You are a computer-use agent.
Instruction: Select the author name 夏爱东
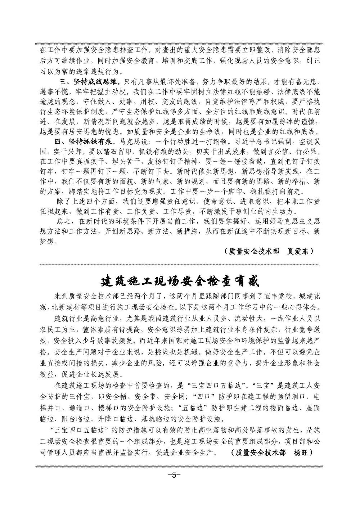tap(300, 251)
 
